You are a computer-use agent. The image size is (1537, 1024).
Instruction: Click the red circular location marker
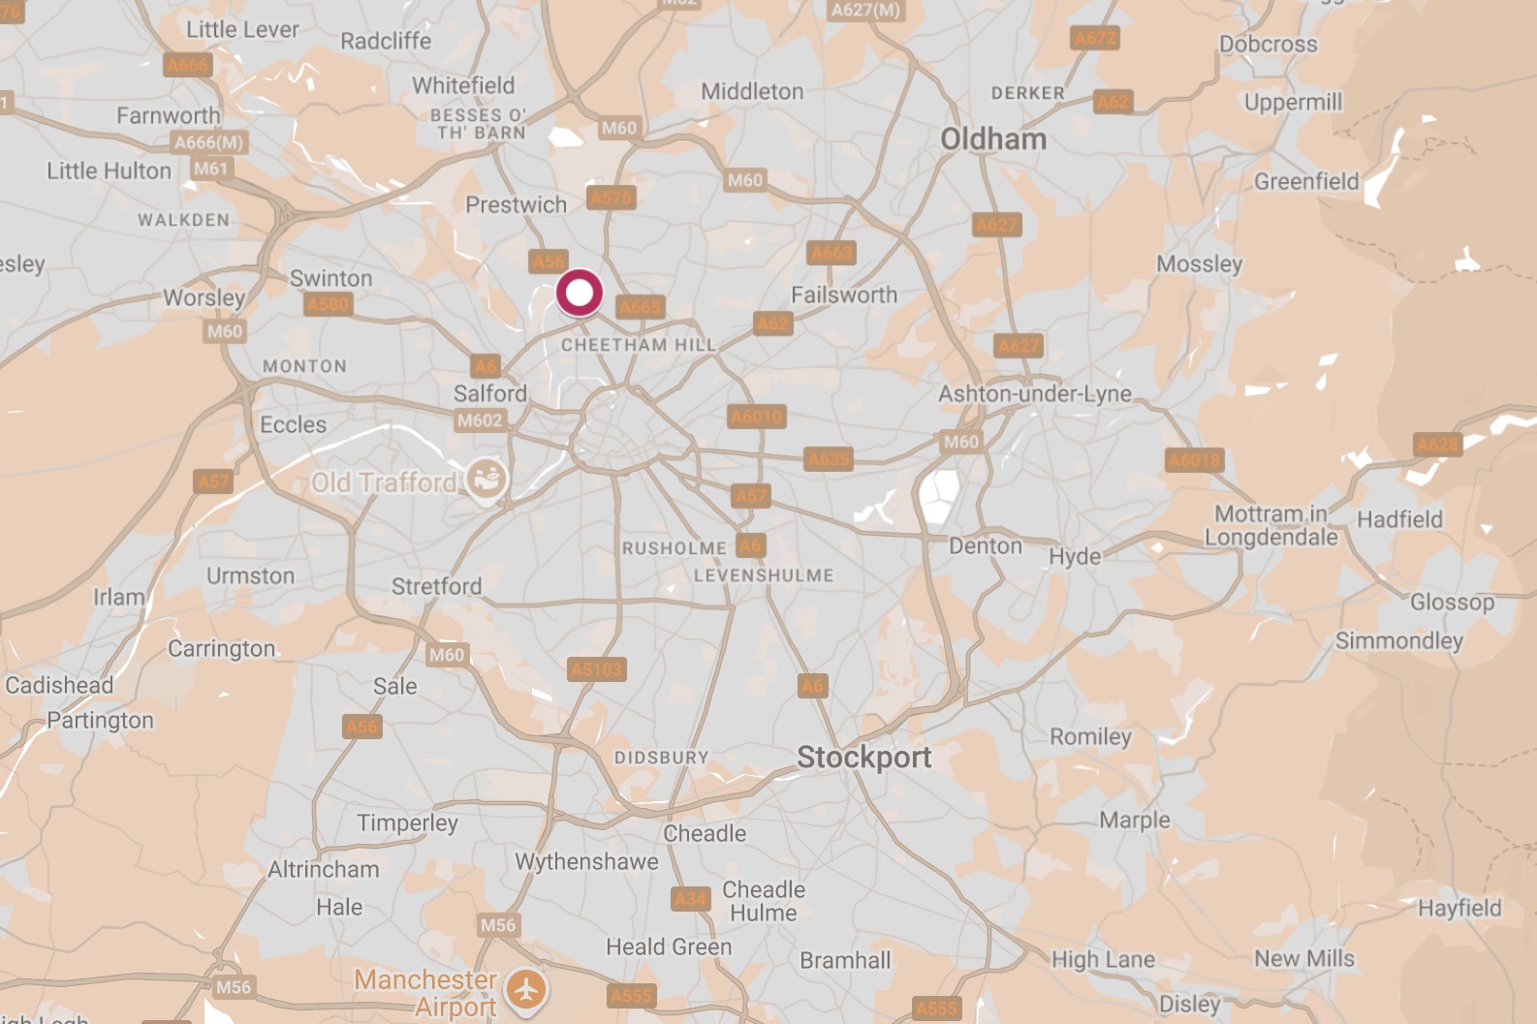[579, 293]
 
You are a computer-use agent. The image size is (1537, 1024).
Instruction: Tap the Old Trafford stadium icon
[486, 480]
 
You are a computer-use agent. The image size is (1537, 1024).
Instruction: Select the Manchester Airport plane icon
[526, 990]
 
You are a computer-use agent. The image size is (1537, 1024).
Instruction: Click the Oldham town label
[993, 140]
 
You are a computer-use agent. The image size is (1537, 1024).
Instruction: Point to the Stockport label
[863, 758]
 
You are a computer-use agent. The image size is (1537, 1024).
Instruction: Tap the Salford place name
[490, 393]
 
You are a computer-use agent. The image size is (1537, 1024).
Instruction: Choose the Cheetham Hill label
[639, 345]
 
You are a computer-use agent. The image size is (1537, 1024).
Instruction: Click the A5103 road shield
[597, 669]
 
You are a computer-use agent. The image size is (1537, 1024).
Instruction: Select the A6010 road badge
[757, 418]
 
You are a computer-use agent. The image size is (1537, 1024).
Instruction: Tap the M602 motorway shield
[480, 420]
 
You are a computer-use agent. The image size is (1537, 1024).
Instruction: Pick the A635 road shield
[829, 459]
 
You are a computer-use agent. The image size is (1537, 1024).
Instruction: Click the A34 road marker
[690, 899]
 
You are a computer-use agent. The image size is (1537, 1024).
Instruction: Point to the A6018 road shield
[1194, 460]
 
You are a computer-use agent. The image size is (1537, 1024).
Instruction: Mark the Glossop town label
[1452, 603]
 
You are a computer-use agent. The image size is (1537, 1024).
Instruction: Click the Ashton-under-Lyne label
[1035, 394]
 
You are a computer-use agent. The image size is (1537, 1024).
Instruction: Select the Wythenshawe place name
[586, 861]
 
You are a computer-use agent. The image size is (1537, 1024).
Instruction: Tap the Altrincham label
[324, 869]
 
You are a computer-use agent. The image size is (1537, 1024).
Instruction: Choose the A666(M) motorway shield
[208, 142]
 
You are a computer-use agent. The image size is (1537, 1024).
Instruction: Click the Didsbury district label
[662, 758]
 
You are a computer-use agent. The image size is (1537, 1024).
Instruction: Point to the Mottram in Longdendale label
[1270, 525]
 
